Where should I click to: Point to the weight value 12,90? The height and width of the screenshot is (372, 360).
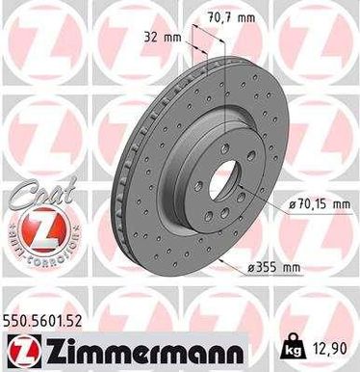[329, 345]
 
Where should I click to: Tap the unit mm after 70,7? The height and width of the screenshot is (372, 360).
[247, 16]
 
